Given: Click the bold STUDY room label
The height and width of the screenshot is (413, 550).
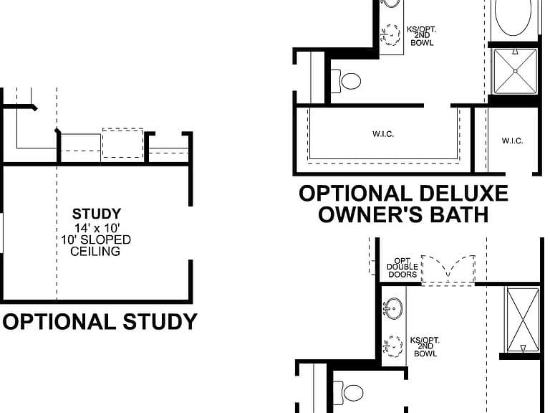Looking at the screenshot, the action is [97, 214].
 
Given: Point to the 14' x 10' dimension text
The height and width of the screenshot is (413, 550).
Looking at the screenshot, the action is [97, 228].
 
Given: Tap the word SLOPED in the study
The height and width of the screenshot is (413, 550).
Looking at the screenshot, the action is [105, 240].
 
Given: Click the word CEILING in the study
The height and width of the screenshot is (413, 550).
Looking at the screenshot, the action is [95, 252].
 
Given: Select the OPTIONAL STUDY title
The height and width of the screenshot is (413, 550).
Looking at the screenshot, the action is [100, 322].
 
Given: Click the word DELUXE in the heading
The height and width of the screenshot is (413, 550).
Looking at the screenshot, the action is [463, 194].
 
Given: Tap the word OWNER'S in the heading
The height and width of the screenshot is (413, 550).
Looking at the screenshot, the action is [370, 214].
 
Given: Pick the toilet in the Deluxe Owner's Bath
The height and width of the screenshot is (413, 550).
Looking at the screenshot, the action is [346, 81].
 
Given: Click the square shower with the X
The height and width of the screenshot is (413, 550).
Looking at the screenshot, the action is [516, 71].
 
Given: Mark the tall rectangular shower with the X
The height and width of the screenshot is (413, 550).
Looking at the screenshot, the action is [523, 320].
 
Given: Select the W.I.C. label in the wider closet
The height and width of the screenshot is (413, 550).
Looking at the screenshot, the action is [383, 134].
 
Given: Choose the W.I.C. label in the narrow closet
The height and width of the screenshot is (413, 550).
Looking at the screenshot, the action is [512, 141].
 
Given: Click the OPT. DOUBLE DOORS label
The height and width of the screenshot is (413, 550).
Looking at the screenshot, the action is [402, 268].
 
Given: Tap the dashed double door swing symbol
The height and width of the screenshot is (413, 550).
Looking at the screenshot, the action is [448, 269].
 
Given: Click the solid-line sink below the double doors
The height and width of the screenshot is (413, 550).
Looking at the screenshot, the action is [393, 308].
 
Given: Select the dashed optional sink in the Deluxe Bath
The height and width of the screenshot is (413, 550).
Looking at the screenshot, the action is [390, 34].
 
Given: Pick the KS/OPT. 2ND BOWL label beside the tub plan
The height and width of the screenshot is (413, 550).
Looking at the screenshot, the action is [422, 36].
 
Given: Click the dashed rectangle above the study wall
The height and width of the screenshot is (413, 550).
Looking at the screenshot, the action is [122, 143].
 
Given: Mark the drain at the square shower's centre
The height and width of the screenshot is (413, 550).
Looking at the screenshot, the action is [516, 71].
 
